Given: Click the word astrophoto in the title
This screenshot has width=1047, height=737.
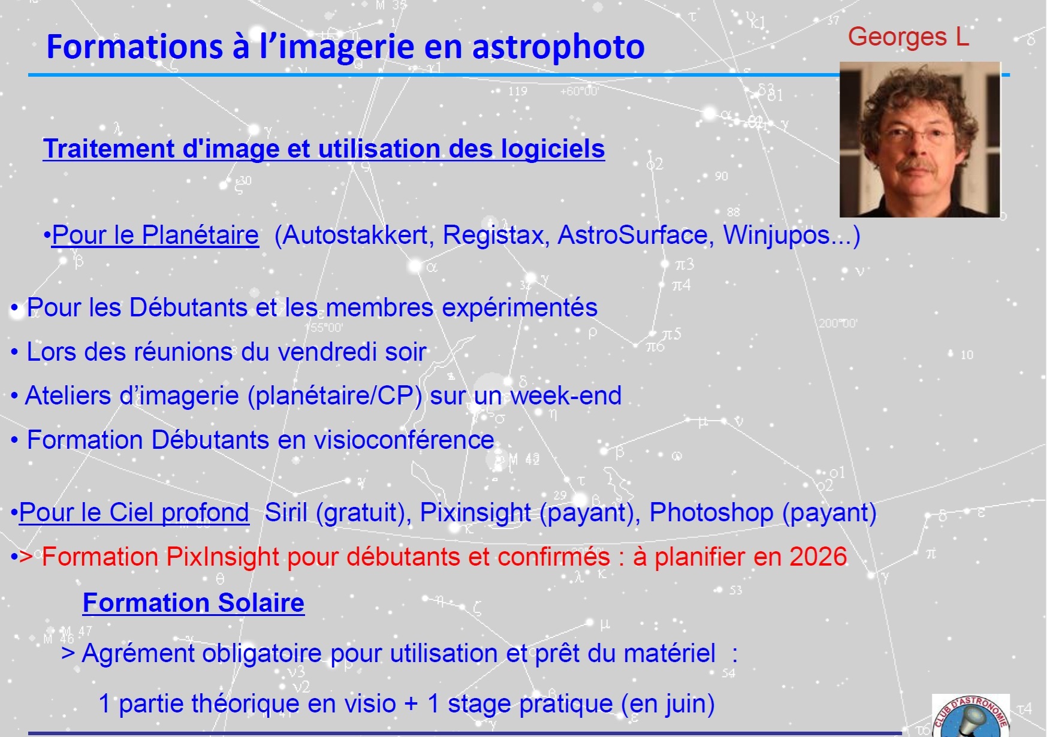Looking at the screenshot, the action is (559, 48).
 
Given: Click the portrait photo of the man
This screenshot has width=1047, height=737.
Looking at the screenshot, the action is (920, 140).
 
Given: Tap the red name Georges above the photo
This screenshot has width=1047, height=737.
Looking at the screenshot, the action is (897, 38).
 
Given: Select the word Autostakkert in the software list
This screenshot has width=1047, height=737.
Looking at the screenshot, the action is (354, 235).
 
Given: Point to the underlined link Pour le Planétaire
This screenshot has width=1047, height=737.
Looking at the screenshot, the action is (155, 235).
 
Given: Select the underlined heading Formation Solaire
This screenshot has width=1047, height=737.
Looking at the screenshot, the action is (194, 603).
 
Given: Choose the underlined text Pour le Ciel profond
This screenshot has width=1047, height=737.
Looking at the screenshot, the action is (134, 513).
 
